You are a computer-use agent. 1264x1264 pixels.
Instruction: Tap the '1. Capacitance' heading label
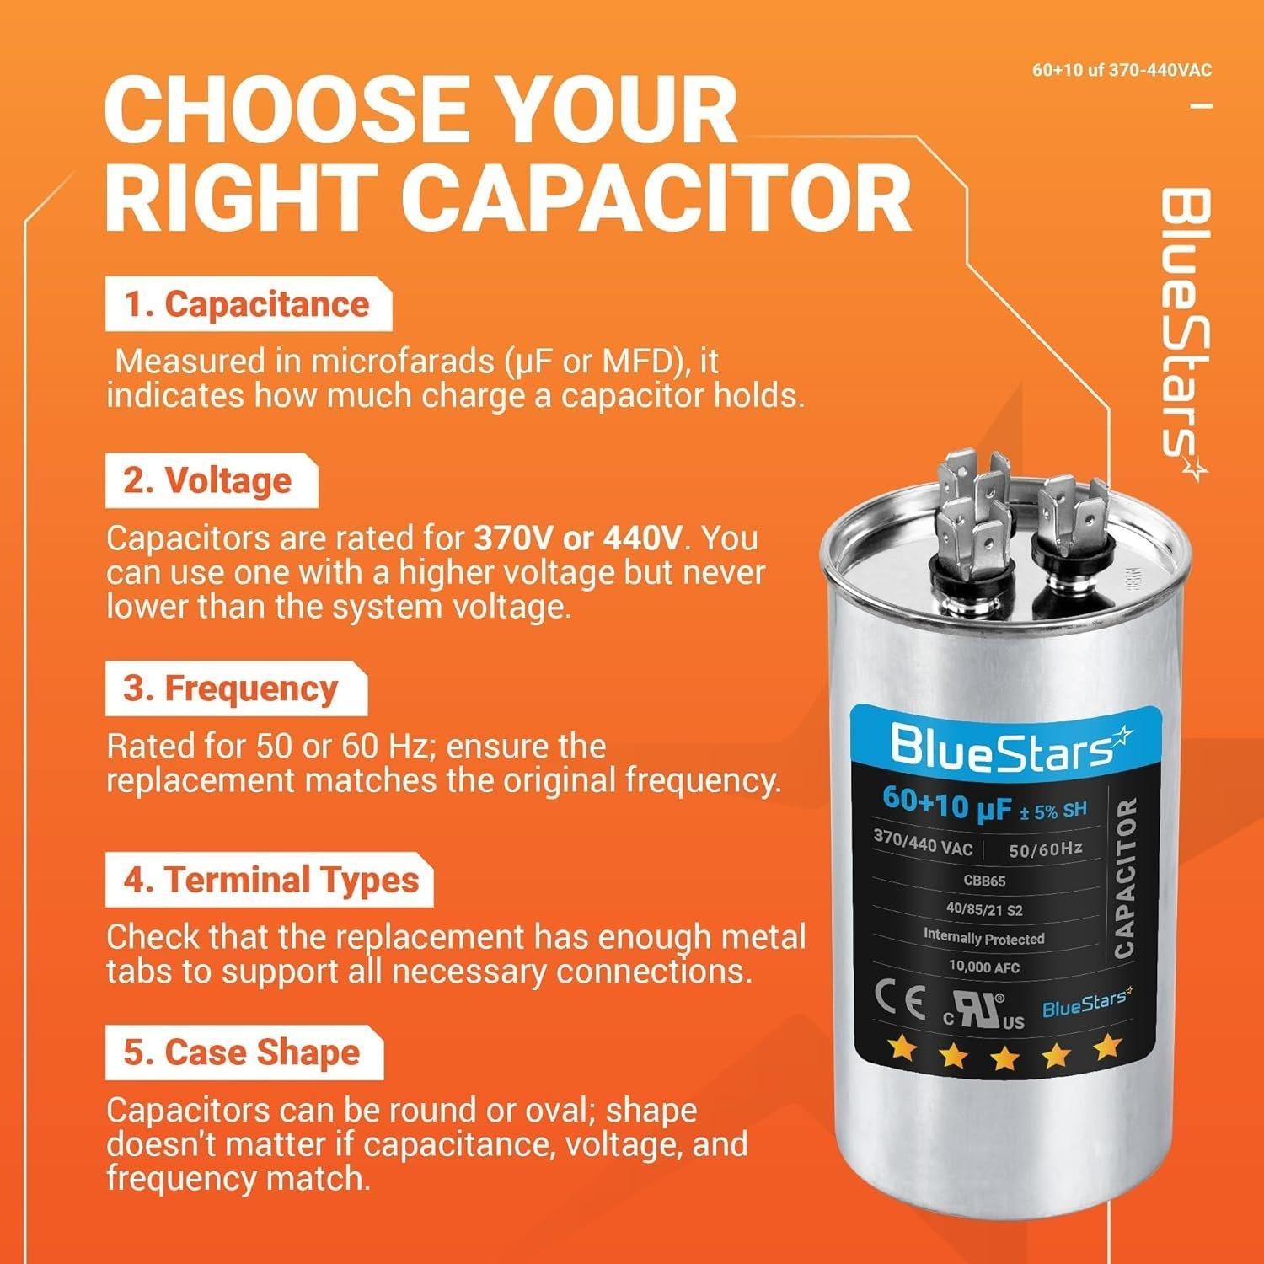[x=248, y=304]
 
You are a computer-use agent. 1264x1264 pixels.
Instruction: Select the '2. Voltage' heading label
[x=209, y=480]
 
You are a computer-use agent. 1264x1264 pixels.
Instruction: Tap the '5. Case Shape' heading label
[x=243, y=1052]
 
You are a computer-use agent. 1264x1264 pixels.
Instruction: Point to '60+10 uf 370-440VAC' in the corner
[x=1122, y=70]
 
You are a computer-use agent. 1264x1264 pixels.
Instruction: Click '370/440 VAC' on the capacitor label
[x=923, y=842]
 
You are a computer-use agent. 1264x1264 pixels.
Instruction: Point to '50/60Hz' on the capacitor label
[x=1045, y=849]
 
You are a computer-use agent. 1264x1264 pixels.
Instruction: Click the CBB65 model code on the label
[x=983, y=881]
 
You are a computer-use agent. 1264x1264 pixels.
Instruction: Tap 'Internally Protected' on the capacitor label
[x=983, y=937]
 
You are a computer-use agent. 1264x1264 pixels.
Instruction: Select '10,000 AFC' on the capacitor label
[x=983, y=967]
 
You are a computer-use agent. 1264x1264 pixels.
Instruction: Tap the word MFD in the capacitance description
[x=645, y=362]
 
